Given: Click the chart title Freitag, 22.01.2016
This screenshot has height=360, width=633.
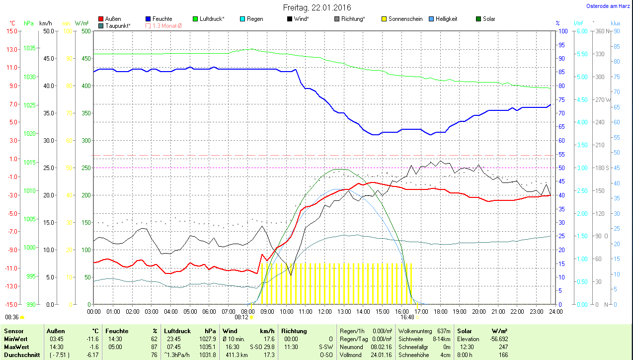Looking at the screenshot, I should [x=316, y=7].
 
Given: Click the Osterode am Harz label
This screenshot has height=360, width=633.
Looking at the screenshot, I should [x=609, y=6].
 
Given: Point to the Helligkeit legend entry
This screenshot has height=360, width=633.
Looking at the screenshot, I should [x=446, y=19].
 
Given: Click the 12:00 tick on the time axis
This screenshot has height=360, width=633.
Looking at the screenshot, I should [x=324, y=312].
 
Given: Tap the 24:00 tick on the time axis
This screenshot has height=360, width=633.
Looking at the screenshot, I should [x=555, y=312].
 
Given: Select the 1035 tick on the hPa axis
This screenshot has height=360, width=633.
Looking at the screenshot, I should [x=29, y=48].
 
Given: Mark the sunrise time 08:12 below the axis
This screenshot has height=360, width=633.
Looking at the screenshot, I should [x=241, y=317].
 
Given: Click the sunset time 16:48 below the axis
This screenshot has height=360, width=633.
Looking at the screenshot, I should [x=407, y=317].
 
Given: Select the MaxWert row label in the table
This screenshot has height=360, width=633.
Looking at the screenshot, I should [x=16, y=347].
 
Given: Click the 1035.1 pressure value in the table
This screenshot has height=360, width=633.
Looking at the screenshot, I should [x=207, y=347].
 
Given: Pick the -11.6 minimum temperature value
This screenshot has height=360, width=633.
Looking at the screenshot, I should [x=92, y=339].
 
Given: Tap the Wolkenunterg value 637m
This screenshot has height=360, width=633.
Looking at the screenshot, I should [x=444, y=331].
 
